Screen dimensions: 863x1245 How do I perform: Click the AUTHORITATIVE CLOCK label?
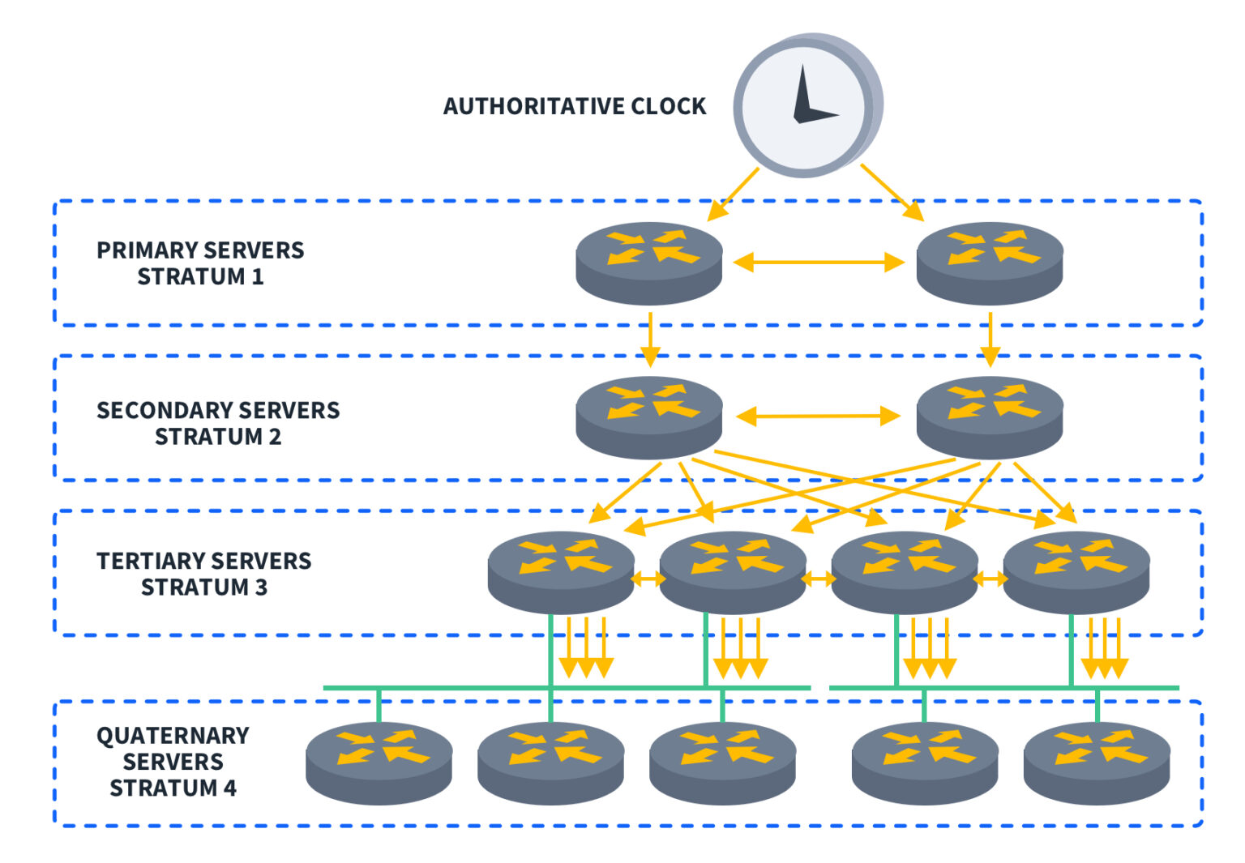pyautogui.click(x=574, y=107)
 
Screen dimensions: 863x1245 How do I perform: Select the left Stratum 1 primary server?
pyautogui.click(x=648, y=263)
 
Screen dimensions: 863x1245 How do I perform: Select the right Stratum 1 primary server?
pyautogui.click(x=989, y=263)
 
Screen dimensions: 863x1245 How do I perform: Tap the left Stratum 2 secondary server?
pyautogui.click(x=648, y=417)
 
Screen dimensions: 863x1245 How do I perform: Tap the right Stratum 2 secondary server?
pyautogui.click(x=989, y=417)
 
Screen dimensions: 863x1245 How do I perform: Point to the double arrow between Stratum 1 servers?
pyautogui.click(x=819, y=263)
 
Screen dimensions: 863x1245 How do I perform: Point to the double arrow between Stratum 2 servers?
pyautogui.click(x=819, y=417)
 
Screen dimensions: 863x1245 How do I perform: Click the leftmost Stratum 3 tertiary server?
pyautogui.click(x=561, y=571)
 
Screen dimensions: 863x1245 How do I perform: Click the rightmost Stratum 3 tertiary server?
pyautogui.click(x=1076, y=571)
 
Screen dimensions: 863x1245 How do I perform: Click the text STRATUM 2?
pyautogui.click(x=218, y=437)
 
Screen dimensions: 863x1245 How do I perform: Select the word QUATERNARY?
pyautogui.click(x=173, y=736)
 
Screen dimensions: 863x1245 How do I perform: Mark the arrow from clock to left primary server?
pyautogui.click(x=733, y=194)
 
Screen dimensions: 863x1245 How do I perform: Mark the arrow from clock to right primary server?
pyautogui.click(x=892, y=192)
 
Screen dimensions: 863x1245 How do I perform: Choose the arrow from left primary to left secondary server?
pyautogui.click(x=649, y=338)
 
